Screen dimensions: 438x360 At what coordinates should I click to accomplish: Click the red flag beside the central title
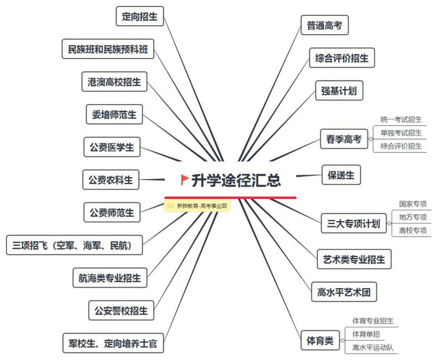184,179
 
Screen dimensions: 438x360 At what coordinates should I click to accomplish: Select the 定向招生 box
140,16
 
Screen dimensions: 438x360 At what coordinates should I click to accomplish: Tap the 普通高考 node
324,25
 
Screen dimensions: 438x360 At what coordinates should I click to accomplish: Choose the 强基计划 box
339,90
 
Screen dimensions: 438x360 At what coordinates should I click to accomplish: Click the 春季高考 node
344,139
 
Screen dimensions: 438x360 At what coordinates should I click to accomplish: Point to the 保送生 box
341,175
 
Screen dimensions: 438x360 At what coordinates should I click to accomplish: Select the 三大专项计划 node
354,223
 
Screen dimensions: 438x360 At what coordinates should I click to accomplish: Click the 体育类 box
320,340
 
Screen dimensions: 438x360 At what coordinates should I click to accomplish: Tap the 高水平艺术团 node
344,292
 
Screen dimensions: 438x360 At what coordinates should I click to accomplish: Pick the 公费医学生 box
112,147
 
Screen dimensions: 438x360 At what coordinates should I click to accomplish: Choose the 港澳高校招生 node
114,81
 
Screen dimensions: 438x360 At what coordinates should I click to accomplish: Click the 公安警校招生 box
121,310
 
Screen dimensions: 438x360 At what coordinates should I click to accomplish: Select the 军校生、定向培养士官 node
113,343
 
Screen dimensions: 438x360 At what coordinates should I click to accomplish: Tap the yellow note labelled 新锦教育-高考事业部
197,206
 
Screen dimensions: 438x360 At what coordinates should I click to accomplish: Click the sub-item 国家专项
413,204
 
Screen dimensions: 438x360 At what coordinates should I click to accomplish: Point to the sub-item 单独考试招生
401,133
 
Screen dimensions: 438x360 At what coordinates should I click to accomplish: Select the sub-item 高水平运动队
373,348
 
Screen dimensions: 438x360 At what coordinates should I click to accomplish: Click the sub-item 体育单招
366,334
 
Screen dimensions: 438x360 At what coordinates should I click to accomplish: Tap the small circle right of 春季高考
371,139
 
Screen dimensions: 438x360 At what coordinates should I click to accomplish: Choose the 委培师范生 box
114,114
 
